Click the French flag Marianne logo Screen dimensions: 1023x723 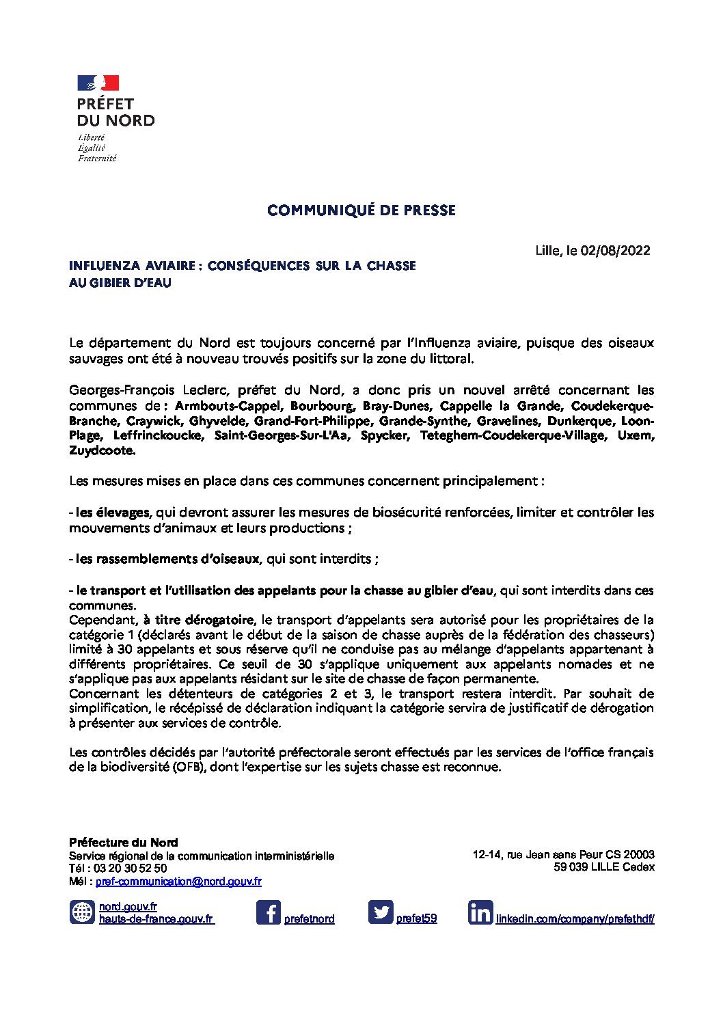coord(98,83)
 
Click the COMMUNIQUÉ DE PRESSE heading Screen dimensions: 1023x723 coord(361,210)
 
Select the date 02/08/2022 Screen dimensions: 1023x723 coord(615,250)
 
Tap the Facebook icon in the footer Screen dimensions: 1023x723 coord(268,912)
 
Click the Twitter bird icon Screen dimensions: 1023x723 coord(381,912)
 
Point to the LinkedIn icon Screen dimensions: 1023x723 coord(480,912)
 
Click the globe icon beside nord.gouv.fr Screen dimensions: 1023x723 coord(82,912)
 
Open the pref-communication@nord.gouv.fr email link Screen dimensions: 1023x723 coord(178,882)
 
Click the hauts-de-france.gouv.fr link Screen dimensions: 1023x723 coord(156,919)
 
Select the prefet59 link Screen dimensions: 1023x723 coord(416,919)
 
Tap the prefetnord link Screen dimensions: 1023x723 coord(309,919)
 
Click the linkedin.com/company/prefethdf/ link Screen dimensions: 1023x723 coord(575,919)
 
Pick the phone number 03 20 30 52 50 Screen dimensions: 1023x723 coord(130,869)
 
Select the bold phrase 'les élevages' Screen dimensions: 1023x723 coord(112,513)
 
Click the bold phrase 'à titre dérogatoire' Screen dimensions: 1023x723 coord(198,620)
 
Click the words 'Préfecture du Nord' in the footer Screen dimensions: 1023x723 coord(123,843)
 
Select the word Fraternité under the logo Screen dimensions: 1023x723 coord(96,159)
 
